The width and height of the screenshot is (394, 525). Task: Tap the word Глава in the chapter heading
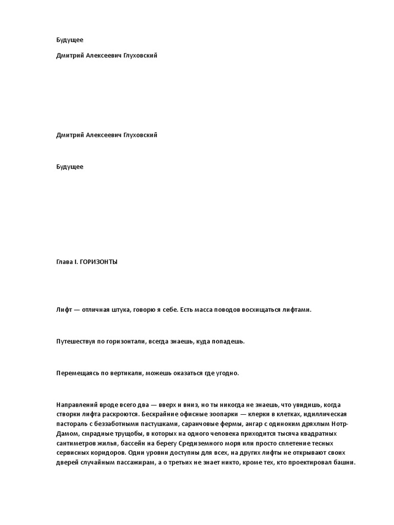(x=65, y=261)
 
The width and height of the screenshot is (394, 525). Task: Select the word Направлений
(x=76, y=405)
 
